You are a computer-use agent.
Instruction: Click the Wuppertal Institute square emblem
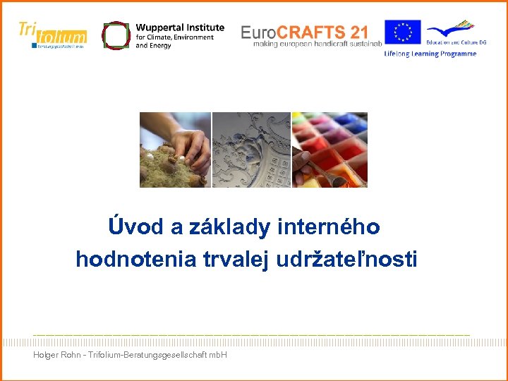point(116,35)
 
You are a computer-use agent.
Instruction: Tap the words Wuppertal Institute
point(180,28)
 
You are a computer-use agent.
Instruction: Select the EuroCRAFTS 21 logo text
point(304,32)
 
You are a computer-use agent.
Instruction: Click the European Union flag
point(403,32)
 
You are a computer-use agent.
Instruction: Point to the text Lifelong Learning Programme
point(430,54)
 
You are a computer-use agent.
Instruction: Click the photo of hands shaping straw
point(175,150)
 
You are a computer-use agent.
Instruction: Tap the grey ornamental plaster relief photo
point(251,150)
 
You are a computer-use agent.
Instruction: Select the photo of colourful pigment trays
point(329,150)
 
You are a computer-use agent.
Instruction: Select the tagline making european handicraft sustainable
point(317,44)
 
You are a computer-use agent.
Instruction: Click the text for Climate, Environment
point(174,37)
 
